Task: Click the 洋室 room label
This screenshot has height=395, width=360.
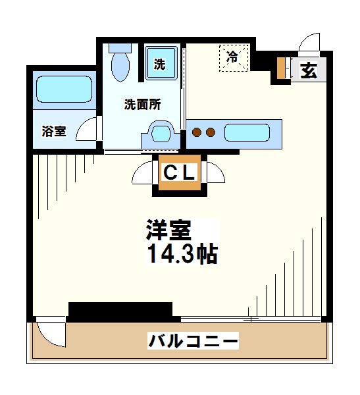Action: pos(168,230)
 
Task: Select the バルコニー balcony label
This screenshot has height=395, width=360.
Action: pos(192,342)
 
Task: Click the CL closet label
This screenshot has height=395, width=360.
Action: pos(179,173)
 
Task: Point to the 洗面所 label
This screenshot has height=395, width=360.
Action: pos(143,104)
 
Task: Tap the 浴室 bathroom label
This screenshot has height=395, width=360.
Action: pos(54,130)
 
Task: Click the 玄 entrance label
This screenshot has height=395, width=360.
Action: pos(309,70)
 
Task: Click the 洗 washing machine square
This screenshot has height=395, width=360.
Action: pos(160,64)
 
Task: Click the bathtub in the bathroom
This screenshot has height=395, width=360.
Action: pos(64,89)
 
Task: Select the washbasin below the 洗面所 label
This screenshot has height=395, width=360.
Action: pos(160,134)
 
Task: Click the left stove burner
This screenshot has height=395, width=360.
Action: pos(196,132)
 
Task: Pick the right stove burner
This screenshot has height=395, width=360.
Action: pos(211,132)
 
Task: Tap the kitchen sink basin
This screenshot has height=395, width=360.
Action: pos(247,132)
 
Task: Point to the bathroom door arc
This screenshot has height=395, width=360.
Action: pos(88,130)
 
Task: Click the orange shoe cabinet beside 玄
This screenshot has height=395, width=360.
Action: pos(282,68)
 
